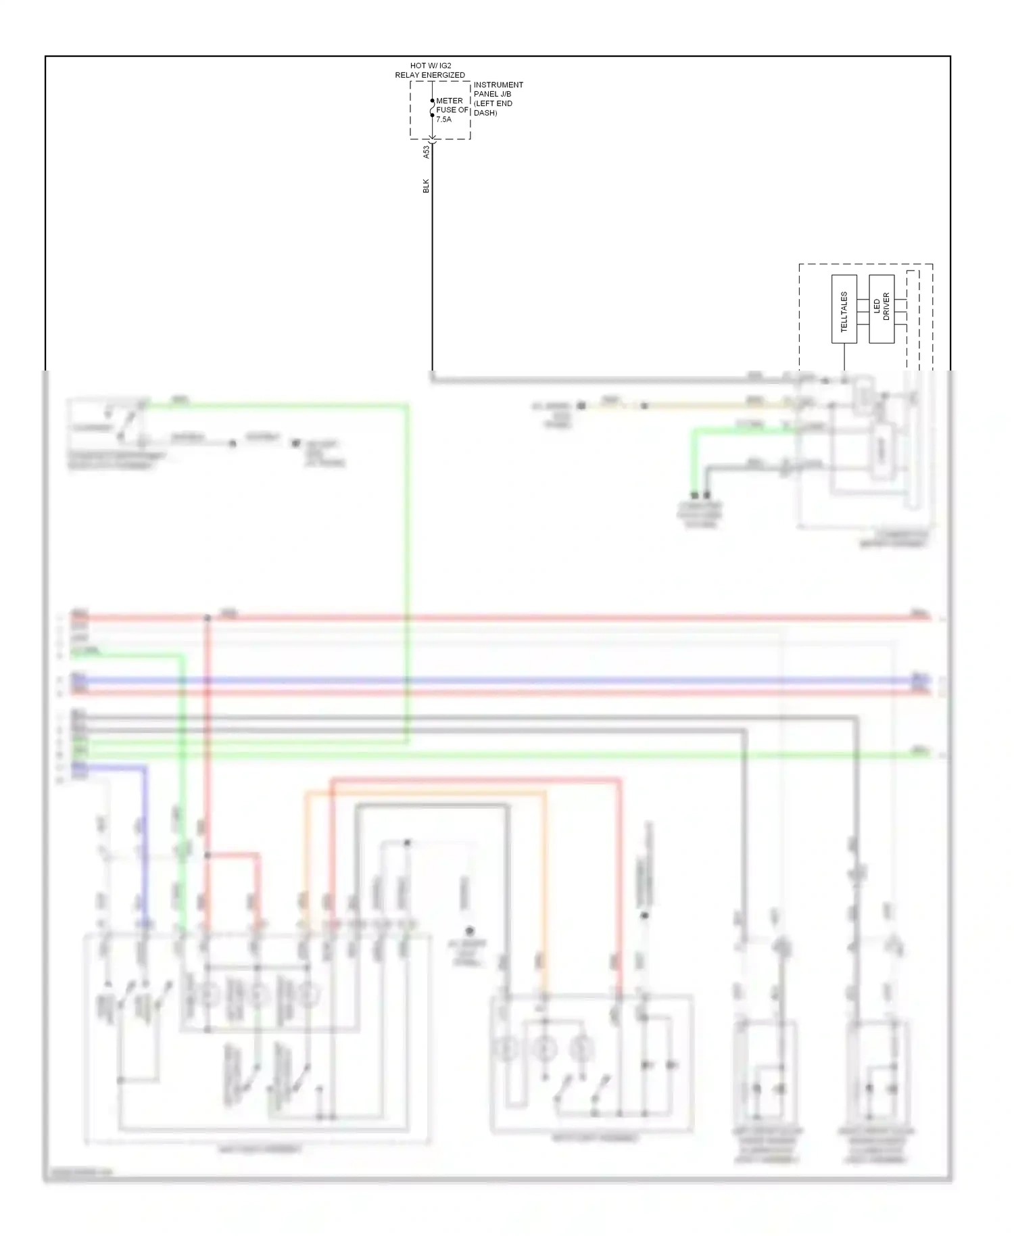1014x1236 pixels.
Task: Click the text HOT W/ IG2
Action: pyautogui.click(x=431, y=66)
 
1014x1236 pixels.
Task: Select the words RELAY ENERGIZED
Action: pyautogui.click(x=430, y=75)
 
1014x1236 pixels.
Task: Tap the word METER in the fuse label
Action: pyautogui.click(x=450, y=101)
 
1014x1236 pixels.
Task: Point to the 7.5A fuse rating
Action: pyautogui.click(x=443, y=119)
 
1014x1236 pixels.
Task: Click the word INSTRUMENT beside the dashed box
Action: pyautogui.click(x=498, y=85)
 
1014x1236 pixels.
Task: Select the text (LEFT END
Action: pyautogui.click(x=493, y=103)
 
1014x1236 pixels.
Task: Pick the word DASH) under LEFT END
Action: pyautogui.click(x=485, y=113)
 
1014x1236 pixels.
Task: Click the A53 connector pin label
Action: pyautogui.click(x=426, y=152)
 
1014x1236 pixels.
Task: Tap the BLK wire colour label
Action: pyautogui.click(x=426, y=185)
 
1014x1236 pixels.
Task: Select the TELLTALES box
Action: pyautogui.click(x=844, y=309)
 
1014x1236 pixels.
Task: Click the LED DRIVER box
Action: pyautogui.click(x=882, y=309)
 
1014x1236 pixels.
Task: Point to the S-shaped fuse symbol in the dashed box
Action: pyautogui.click(x=433, y=108)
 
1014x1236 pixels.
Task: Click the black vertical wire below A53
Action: pyautogui.click(x=433, y=270)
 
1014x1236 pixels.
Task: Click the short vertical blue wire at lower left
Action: pyautogui.click(x=144, y=845)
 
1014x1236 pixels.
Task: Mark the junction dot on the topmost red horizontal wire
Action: pyautogui.click(x=208, y=618)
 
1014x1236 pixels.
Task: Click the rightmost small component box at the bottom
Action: pyautogui.click(x=877, y=1075)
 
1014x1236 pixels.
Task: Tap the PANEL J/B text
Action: pyautogui.click(x=492, y=94)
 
